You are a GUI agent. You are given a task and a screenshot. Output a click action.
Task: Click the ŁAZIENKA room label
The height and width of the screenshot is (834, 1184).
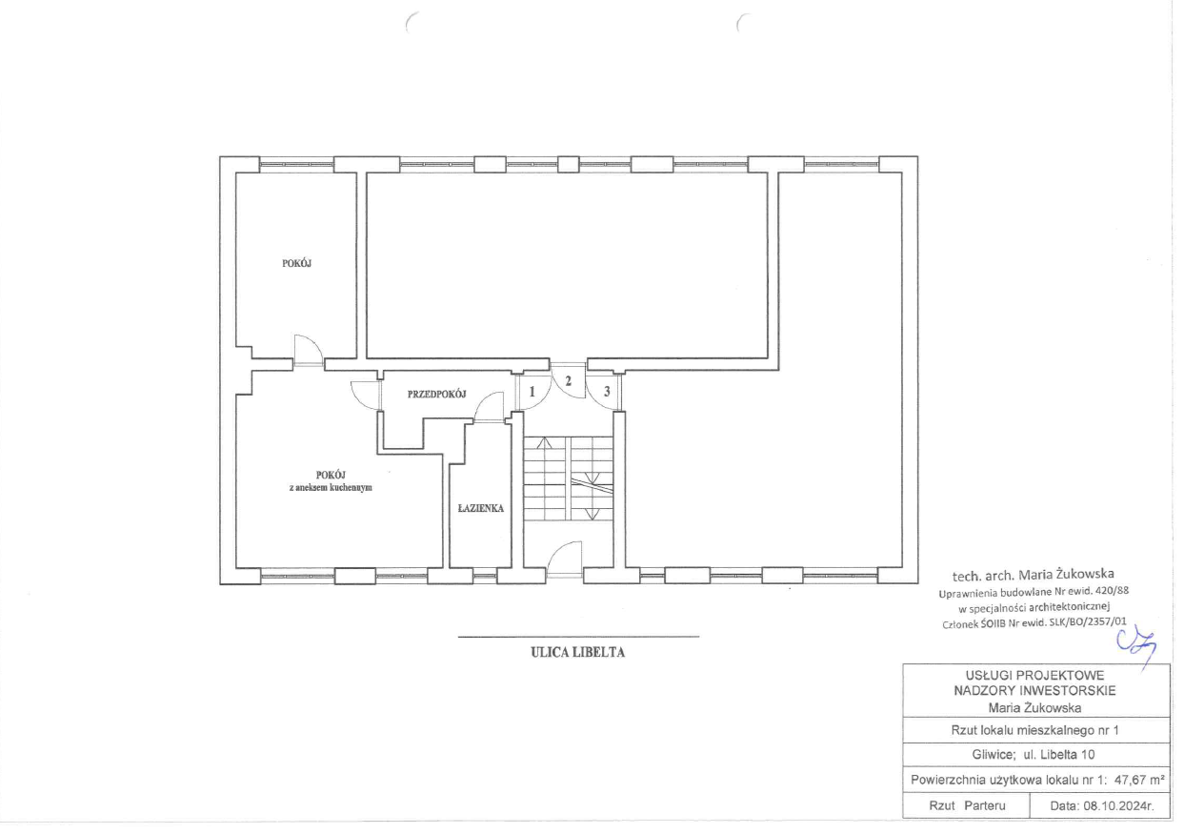(480, 508)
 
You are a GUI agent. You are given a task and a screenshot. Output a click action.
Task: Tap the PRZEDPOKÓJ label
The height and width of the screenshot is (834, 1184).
(436, 394)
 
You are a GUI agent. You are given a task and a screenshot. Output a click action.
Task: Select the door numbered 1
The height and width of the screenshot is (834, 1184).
(532, 392)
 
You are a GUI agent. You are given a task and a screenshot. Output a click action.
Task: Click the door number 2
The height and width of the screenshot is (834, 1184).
(569, 380)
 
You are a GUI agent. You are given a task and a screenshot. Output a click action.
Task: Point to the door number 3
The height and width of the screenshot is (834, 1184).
(607, 392)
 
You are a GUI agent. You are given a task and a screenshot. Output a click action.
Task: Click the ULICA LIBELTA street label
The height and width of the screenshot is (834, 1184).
(578, 652)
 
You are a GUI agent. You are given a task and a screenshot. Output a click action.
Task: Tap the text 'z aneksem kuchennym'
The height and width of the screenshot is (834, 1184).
(331, 488)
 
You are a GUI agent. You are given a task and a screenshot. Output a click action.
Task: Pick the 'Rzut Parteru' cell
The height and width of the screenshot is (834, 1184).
(967, 806)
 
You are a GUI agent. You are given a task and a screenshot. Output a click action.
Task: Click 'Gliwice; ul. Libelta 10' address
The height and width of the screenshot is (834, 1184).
(1033, 755)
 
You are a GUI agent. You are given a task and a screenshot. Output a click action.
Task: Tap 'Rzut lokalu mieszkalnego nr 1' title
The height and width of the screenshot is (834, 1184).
(1035, 730)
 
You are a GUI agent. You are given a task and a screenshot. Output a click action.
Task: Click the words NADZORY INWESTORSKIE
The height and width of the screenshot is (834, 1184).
(1035, 691)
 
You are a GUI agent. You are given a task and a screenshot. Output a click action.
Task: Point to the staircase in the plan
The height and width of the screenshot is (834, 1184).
(569, 478)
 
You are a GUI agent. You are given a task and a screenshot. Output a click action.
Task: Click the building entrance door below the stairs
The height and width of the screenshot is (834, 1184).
(565, 559)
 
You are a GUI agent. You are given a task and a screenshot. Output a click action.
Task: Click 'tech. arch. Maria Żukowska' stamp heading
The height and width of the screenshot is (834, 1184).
(1033, 575)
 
